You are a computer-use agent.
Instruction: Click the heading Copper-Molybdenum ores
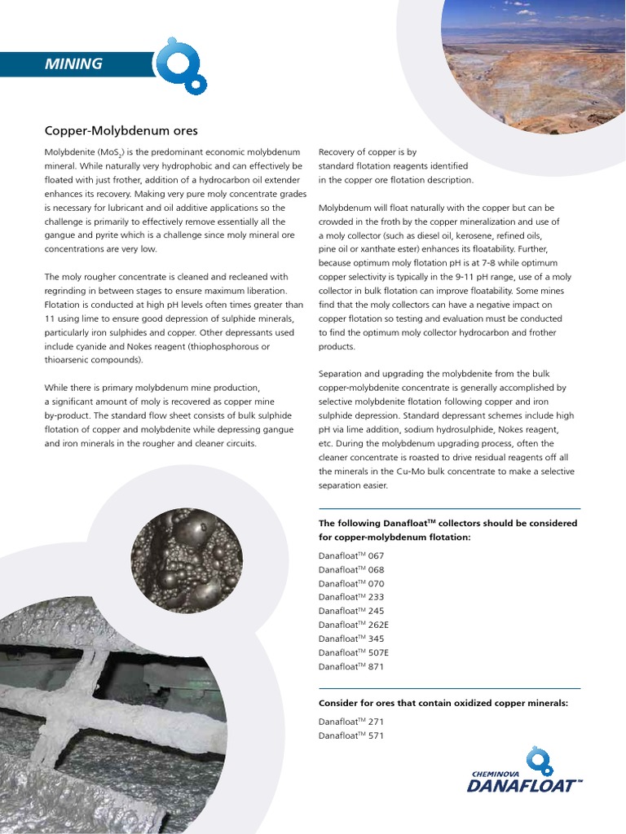click(121, 130)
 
